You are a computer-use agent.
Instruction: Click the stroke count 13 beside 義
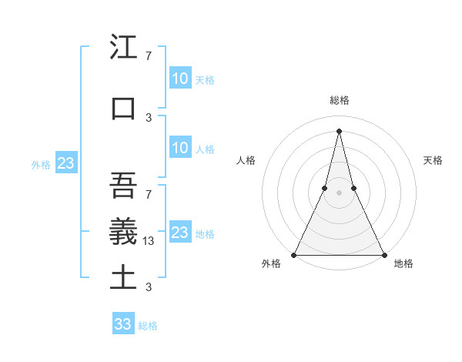pos(149,241)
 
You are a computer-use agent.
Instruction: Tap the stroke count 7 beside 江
pos(148,56)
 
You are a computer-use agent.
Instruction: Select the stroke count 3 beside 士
pos(148,287)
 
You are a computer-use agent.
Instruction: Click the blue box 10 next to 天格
pos(179,79)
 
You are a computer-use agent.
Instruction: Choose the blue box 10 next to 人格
pos(179,148)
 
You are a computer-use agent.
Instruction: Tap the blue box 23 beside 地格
pos(179,233)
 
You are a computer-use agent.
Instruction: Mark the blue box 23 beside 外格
pos(65,163)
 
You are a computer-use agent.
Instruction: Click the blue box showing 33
pos(123,324)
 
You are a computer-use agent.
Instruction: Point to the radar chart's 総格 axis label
pos(339,100)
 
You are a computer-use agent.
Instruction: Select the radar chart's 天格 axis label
pos(433,160)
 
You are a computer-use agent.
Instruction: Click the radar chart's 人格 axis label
pos(246,160)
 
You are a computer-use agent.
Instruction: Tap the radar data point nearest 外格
pos(294,254)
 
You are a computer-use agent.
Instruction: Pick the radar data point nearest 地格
pos(383,254)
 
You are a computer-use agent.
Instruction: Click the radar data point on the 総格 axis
pos(339,130)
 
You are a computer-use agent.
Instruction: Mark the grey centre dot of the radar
pos(339,193)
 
